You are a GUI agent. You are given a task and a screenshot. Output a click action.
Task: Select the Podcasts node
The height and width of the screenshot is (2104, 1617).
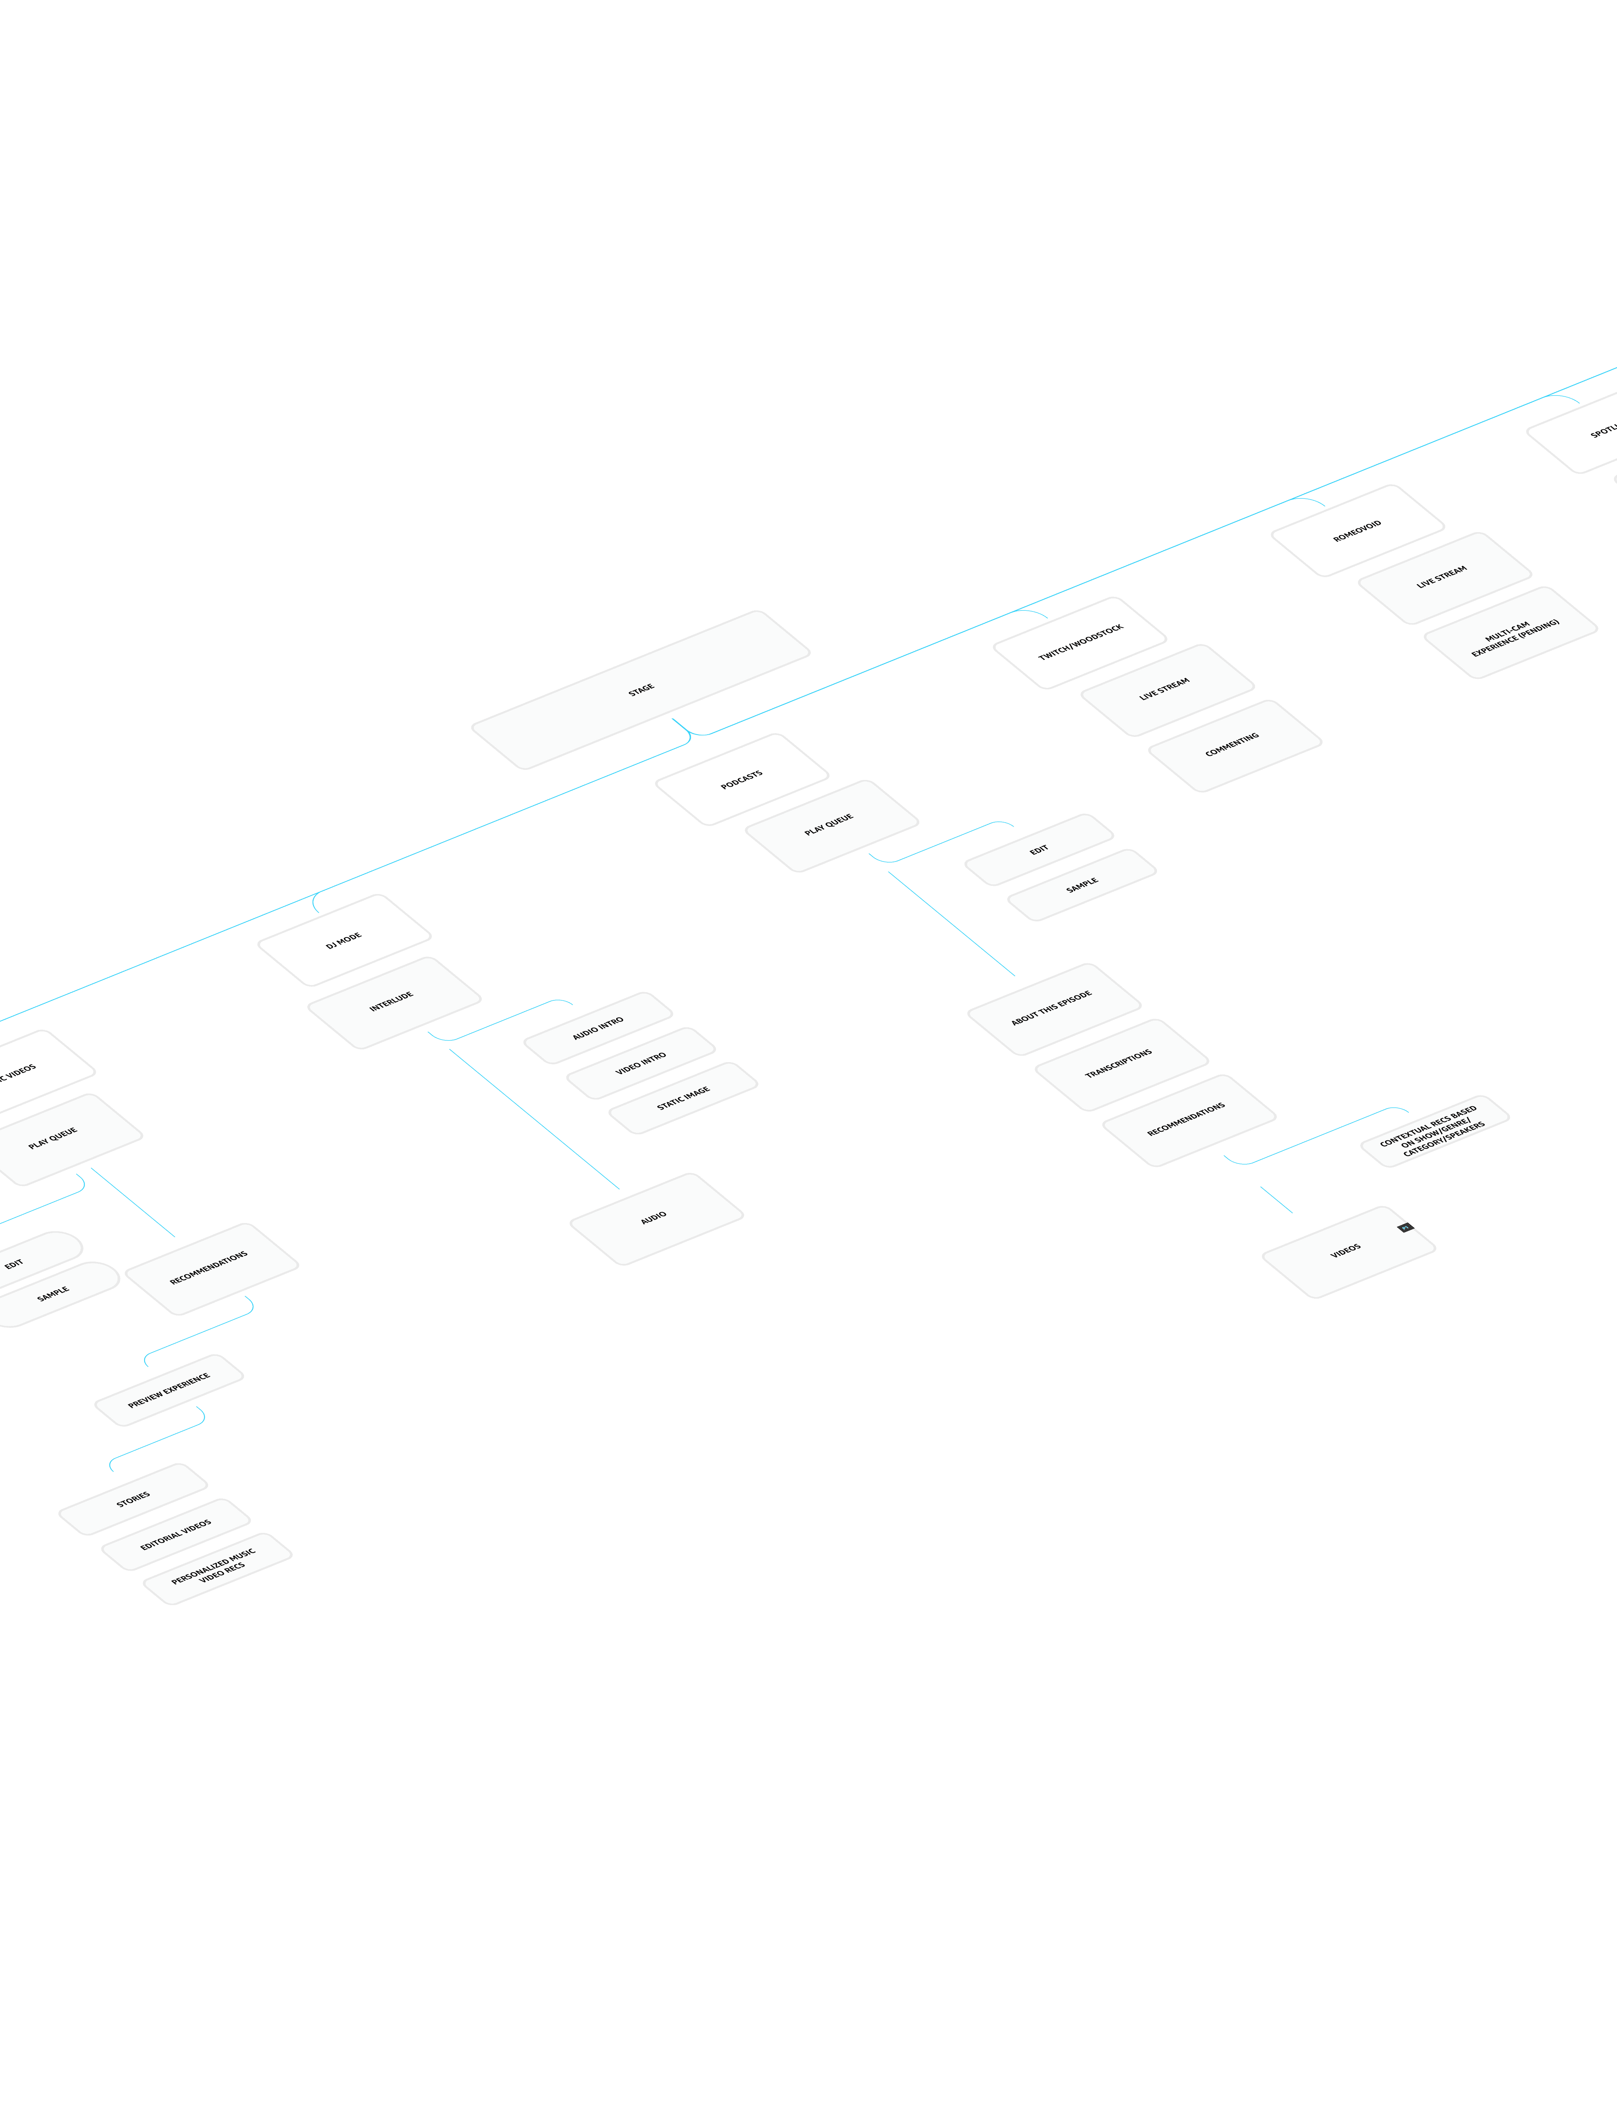click(741, 780)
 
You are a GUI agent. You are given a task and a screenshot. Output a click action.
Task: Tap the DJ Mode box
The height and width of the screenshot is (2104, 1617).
click(344, 940)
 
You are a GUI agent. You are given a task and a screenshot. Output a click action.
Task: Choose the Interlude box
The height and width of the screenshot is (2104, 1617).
click(393, 1002)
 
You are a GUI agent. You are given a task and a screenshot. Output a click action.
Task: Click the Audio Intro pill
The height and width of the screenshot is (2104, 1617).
click(598, 1028)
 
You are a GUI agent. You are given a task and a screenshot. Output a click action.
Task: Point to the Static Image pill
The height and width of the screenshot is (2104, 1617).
click(683, 1098)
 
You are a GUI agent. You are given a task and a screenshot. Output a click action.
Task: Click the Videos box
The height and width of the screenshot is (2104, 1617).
click(1346, 1251)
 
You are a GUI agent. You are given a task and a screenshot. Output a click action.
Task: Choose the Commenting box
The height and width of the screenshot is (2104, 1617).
click(1234, 746)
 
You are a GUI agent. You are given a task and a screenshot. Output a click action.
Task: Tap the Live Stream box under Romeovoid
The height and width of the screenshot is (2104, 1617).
click(1443, 577)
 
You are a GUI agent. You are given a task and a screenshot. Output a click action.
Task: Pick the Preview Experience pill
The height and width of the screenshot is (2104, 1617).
click(170, 1390)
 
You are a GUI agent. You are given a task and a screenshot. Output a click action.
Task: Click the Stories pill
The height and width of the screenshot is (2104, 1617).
click(133, 1498)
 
